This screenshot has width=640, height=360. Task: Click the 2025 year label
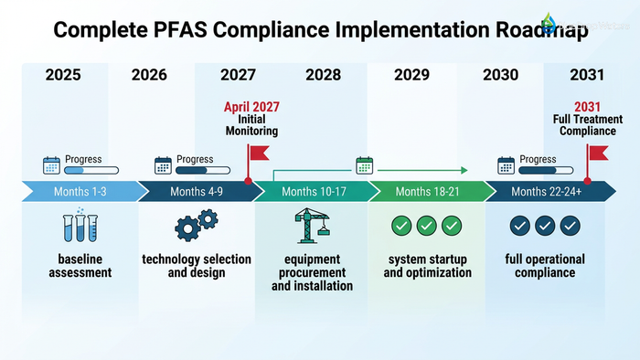click(x=63, y=75)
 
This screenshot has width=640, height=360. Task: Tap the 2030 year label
click(x=500, y=75)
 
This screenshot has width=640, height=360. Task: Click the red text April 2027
click(x=251, y=107)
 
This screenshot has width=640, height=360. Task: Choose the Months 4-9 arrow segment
click(x=197, y=191)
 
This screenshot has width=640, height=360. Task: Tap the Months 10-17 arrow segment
click(x=312, y=191)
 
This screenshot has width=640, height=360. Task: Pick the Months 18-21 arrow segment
click(x=427, y=191)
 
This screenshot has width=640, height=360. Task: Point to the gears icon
click(x=196, y=227)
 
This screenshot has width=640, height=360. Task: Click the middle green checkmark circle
click(x=427, y=226)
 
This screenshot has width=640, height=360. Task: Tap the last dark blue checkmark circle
click(x=571, y=226)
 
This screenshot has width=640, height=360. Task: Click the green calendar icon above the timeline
click(x=365, y=165)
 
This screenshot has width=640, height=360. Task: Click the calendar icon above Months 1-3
click(x=52, y=165)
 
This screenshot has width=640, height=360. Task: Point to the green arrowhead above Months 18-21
click(x=464, y=170)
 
